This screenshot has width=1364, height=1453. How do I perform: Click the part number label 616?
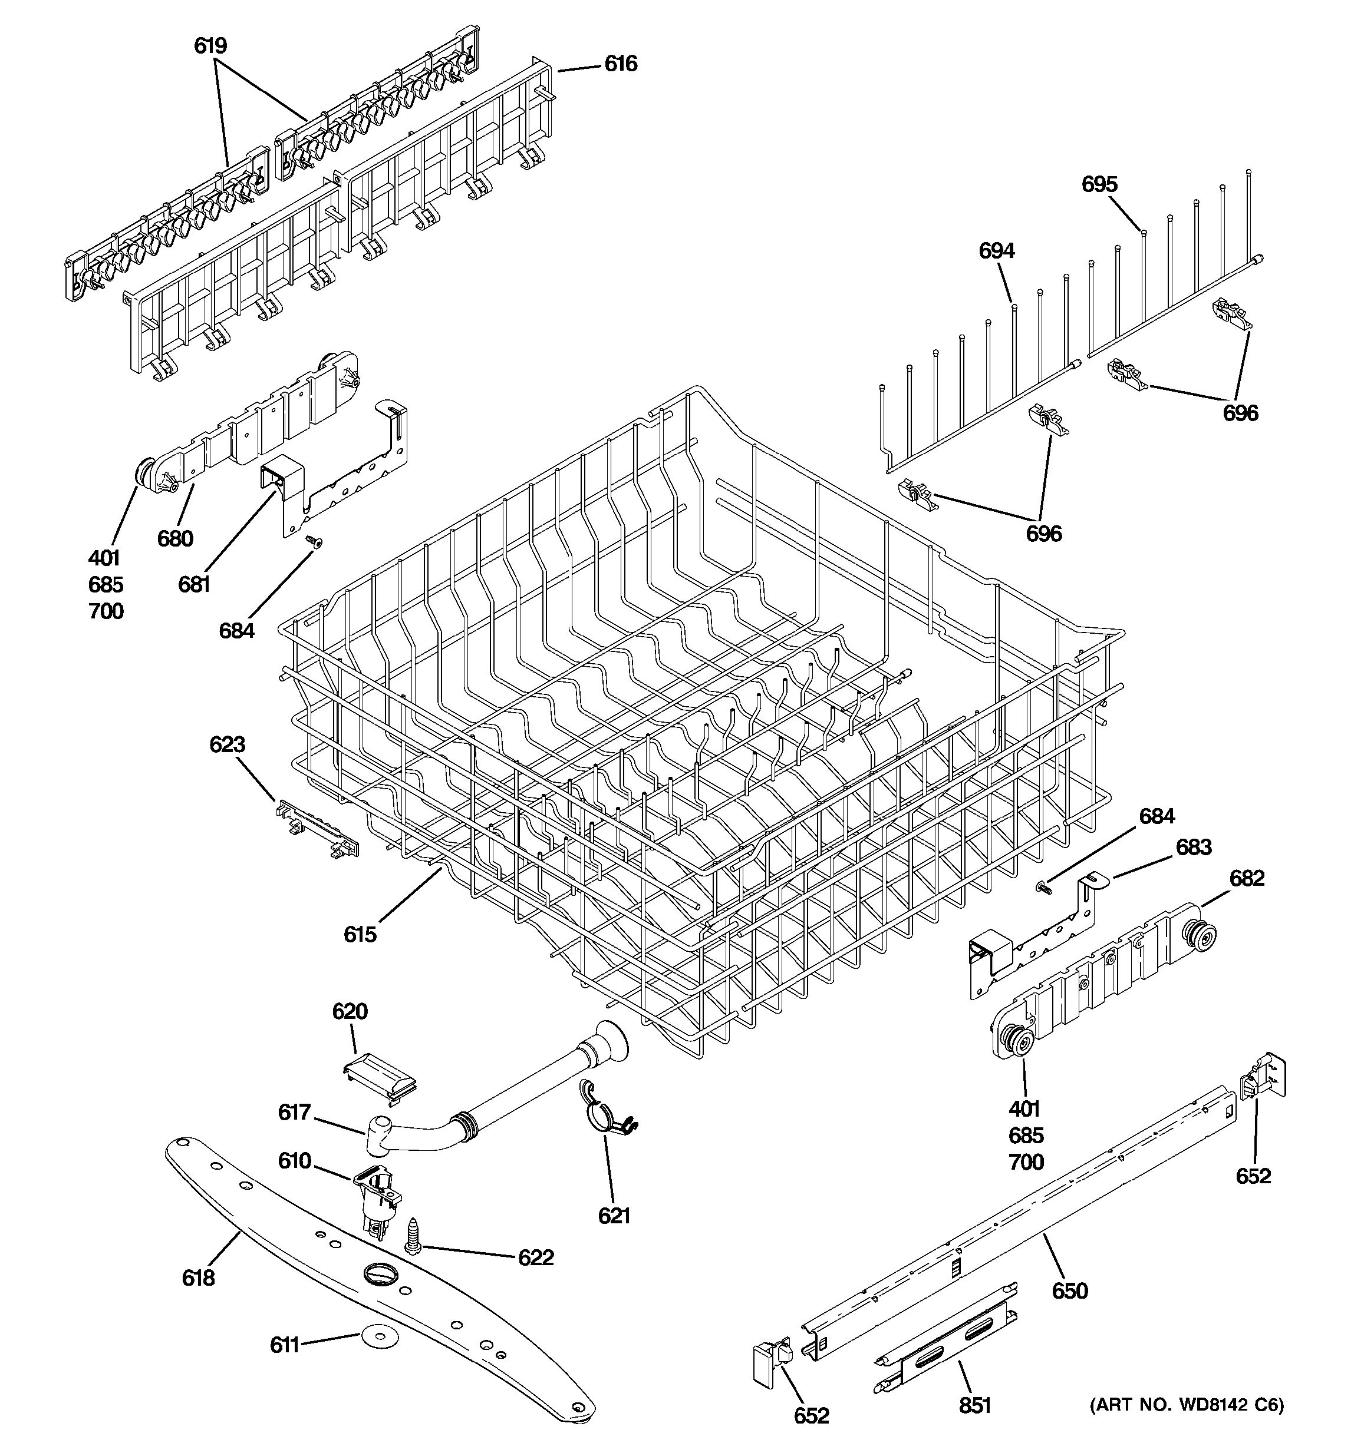[x=620, y=64]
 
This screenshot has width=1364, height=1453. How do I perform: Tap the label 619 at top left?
[x=210, y=46]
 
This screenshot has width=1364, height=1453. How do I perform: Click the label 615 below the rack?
[x=360, y=934]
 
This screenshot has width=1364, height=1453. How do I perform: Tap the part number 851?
[x=975, y=1405]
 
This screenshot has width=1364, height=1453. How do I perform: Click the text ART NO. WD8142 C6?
[x=1186, y=1405]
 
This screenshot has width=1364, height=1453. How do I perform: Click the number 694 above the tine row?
[x=997, y=251]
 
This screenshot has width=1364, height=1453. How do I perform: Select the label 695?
[x=1099, y=184]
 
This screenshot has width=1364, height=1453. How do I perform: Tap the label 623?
[x=227, y=745]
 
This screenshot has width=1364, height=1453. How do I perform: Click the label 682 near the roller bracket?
[x=1246, y=878]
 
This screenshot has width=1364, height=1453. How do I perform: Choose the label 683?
[x=1194, y=847]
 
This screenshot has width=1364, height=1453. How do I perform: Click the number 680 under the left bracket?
[x=175, y=539]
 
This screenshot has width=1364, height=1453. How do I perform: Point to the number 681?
[x=194, y=584]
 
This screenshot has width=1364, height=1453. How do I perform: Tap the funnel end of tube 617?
[x=611, y=1044]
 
